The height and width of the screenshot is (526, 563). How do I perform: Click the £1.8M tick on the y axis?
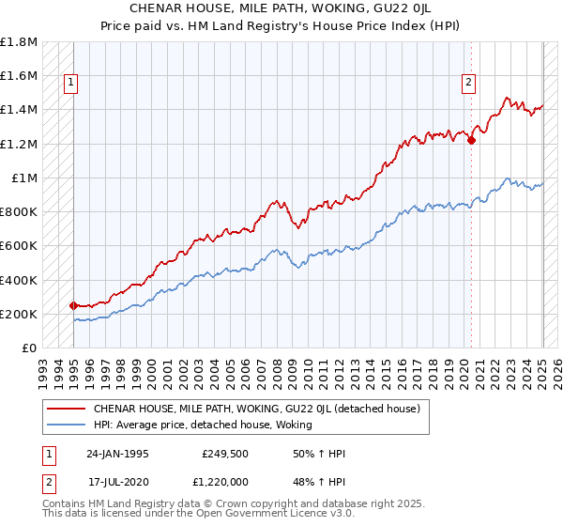pyautogui.click(x=20, y=42)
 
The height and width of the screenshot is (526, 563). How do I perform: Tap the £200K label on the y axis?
pyautogui.click(x=20, y=314)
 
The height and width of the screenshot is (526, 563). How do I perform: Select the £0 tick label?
pyautogui.click(x=30, y=348)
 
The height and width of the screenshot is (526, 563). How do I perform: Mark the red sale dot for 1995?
pyautogui.click(x=73, y=305)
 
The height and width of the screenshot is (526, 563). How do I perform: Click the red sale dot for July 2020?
pyautogui.click(x=471, y=141)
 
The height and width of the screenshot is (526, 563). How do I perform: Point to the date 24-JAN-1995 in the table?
pyautogui.click(x=117, y=455)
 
